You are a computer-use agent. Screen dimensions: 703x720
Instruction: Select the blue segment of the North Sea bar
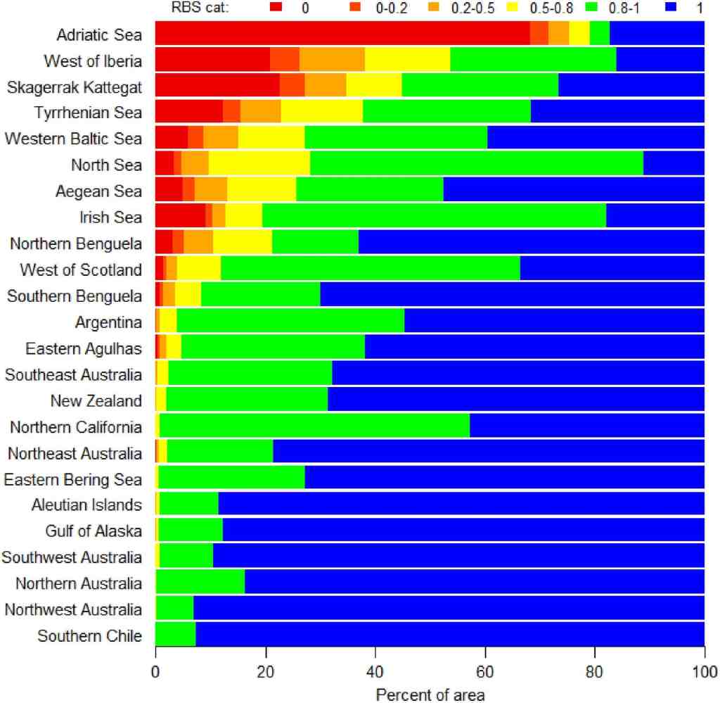point(674,165)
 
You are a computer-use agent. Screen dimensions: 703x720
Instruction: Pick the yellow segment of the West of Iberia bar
point(407,60)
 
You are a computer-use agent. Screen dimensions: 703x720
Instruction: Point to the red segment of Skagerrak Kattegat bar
point(217,86)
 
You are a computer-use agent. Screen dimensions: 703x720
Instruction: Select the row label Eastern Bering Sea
point(73,479)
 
